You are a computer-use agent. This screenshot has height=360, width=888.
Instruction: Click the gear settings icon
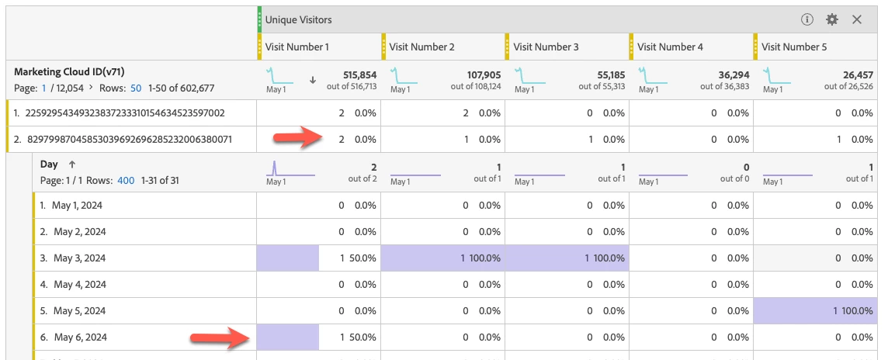click(x=832, y=19)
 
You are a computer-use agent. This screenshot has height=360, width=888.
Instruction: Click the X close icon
click(x=857, y=19)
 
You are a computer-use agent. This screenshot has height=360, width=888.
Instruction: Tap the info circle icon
click(x=807, y=19)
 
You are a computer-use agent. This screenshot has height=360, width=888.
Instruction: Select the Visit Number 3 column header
click(x=546, y=47)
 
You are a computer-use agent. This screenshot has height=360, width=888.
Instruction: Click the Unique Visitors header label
click(x=298, y=19)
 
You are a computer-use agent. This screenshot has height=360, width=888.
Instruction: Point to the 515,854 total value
click(x=359, y=74)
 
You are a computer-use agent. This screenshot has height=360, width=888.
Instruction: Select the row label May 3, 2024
click(x=80, y=258)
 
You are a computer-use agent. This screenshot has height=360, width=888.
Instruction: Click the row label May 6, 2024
click(x=80, y=337)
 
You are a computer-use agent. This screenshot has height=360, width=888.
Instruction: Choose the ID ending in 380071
click(x=125, y=140)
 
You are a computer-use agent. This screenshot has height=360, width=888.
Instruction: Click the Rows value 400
click(x=126, y=181)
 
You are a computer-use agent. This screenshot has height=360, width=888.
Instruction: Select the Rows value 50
click(x=136, y=88)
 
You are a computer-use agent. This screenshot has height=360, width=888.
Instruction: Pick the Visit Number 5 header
click(x=794, y=47)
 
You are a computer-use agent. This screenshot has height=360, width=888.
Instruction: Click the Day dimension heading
click(x=50, y=164)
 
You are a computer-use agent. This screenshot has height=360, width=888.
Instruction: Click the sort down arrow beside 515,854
click(x=313, y=79)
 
